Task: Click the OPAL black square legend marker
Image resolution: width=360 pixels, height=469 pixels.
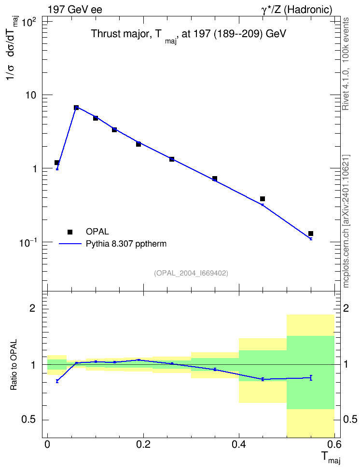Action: click(x=70, y=232)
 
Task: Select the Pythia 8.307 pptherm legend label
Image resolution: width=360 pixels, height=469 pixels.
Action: click(x=126, y=244)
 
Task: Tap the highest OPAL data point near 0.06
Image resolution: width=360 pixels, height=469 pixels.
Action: click(x=76, y=108)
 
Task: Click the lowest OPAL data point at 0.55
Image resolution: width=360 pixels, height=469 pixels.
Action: click(x=311, y=234)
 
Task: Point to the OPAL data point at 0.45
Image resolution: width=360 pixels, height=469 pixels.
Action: click(x=263, y=199)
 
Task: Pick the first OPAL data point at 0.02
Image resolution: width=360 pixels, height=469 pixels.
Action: click(x=57, y=163)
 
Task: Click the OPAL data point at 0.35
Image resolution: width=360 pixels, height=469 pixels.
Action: click(x=215, y=179)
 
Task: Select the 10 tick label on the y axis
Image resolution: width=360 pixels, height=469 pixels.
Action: click(x=30, y=95)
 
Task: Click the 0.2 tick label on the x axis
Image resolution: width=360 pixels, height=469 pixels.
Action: click(x=143, y=444)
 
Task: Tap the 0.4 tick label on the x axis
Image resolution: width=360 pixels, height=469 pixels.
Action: click(x=239, y=444)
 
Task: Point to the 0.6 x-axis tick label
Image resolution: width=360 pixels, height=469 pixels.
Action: click(x=334, y=444)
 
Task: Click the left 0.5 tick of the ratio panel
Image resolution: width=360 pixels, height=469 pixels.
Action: click(x=28, y=420)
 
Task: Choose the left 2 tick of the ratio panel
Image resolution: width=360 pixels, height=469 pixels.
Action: click(x=32, y=308)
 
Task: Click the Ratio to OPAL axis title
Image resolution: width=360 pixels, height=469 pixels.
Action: click(x=14, y=365)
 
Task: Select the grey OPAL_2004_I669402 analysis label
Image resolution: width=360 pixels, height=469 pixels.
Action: click(x=191, y=273)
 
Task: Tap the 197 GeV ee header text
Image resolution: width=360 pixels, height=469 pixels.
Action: click(x=75, y=10)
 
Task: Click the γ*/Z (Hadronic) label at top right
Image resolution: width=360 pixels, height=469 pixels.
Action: click(x=297, y=10)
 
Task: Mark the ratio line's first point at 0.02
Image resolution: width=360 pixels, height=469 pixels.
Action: click(x=57, y=381)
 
